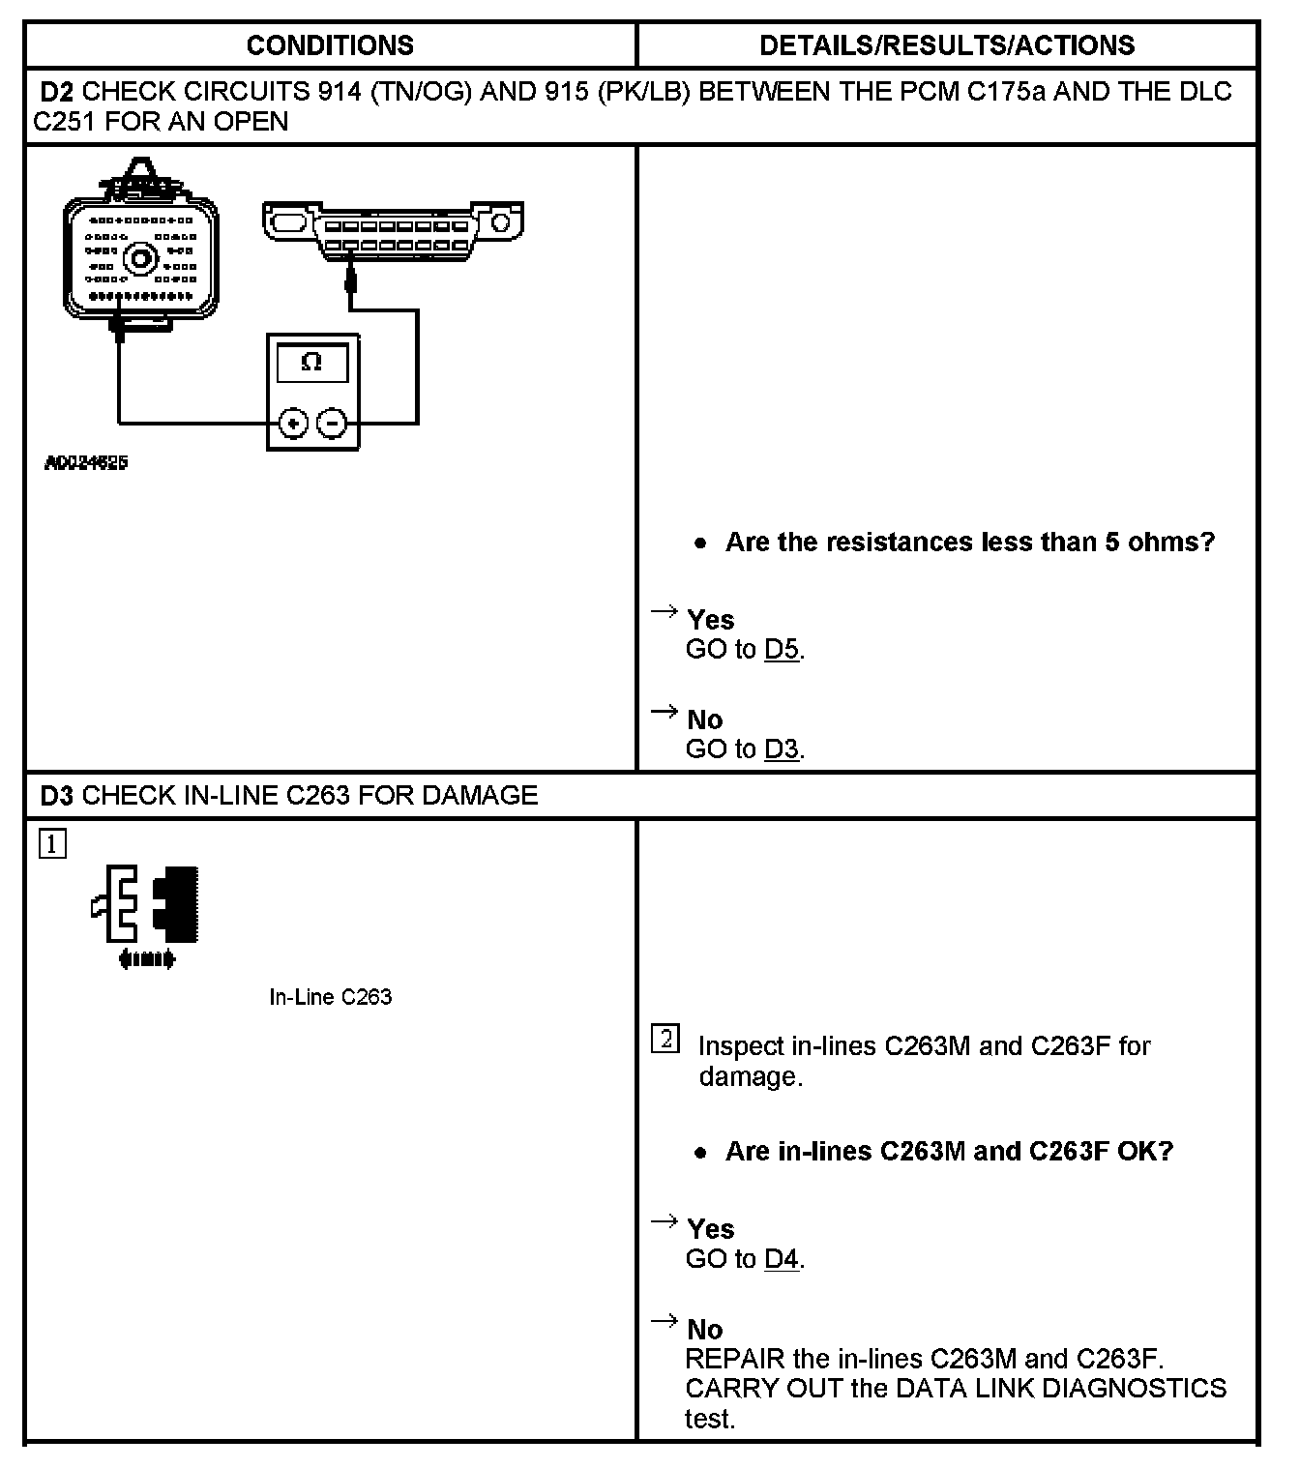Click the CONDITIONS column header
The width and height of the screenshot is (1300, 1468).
[330, 45]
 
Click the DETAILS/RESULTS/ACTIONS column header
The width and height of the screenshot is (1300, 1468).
[947, 45]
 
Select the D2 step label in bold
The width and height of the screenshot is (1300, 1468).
[57, 92]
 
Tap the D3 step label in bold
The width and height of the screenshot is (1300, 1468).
[57, 795]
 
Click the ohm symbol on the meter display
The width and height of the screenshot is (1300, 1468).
[311, 363]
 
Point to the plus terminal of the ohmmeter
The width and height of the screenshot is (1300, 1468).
[293, 423]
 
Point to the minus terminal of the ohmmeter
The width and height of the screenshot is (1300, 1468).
[333, 423]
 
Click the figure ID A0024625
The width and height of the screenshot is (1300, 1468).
[86, 462]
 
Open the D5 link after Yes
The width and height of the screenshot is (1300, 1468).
[782, 649]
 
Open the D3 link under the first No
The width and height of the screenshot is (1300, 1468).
[782, 749]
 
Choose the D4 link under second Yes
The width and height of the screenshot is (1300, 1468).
[782, 1258]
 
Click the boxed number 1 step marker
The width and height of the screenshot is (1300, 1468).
[52, 844]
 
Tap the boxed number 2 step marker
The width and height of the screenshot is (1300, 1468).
[665, 1040]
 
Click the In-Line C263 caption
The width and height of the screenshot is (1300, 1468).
[330, 997]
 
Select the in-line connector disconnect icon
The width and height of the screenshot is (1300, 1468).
[147, 914]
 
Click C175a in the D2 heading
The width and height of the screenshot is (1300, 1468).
[1001, 92]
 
